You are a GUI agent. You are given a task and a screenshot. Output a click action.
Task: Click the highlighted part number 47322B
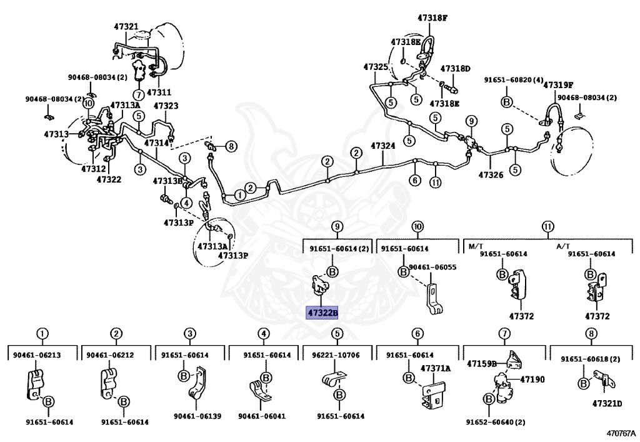coord(321,313)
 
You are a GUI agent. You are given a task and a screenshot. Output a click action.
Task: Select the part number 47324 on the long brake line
coord(382,146)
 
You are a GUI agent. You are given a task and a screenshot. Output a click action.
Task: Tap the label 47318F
coord(432,18)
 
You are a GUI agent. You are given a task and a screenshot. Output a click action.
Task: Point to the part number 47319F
coord(557,85)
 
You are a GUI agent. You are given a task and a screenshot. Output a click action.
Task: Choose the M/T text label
coord(476,246)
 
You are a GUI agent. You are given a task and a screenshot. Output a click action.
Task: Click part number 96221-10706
coord(336,355)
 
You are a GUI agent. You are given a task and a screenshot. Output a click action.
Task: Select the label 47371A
coord(435,369)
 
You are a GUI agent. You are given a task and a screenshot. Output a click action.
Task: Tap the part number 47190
coord(532,379)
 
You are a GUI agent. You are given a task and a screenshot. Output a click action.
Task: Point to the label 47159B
coord(481,363)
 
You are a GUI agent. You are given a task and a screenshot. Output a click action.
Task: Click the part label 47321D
coord(607,403)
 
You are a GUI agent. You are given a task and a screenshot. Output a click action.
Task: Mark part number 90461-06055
coord(432,267)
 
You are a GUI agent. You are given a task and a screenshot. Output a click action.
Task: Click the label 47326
coord(491,175)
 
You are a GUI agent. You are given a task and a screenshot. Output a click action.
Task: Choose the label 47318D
coord(455,69)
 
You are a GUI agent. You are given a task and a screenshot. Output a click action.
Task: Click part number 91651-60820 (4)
coord(512,80)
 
